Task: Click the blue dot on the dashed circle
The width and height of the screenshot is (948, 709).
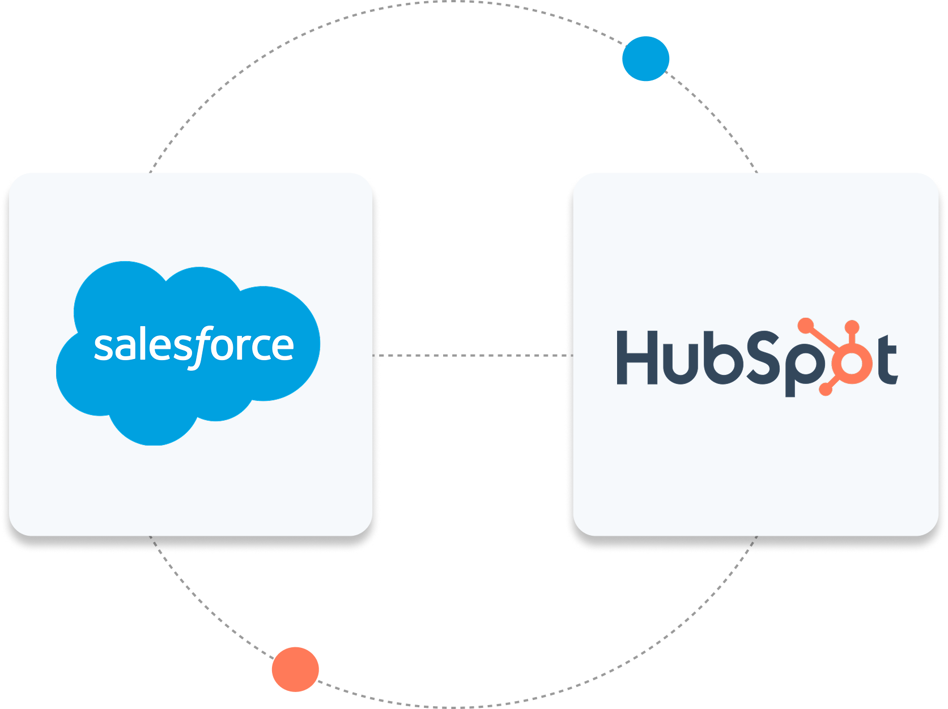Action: pos(645,58)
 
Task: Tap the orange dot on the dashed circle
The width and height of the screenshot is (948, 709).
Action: pos(295,669)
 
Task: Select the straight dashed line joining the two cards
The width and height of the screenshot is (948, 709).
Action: pos(473,355)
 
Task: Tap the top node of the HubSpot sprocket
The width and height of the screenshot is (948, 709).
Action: pos(852,327)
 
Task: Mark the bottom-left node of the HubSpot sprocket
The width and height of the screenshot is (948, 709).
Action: pos(826,390)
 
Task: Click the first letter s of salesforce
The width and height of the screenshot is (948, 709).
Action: pos(104,347)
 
